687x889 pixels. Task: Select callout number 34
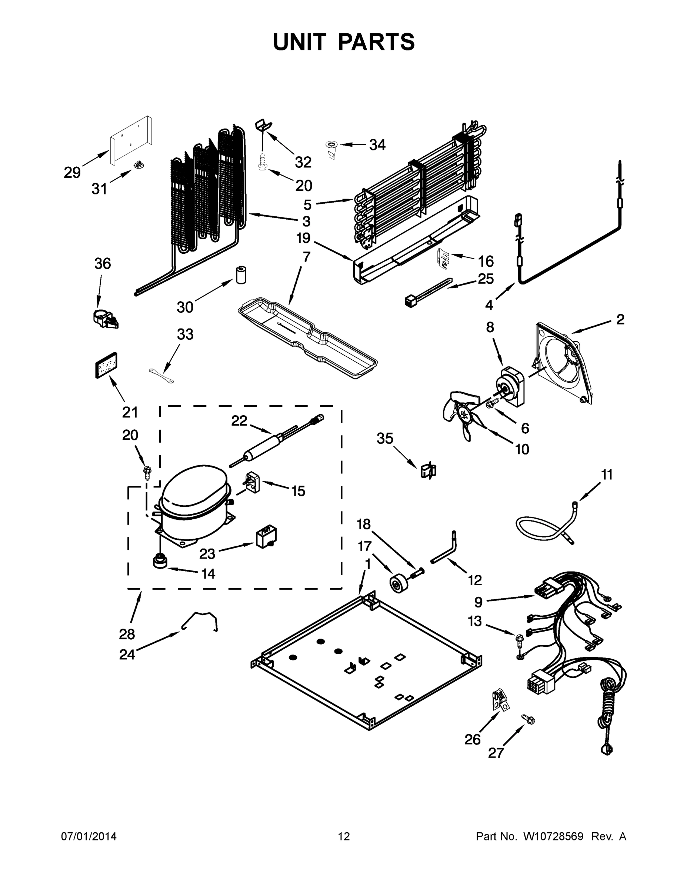click(x=377, y=145)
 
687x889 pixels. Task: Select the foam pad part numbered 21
click(x=106, y=365)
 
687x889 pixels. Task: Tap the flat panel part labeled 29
click(x=131, y=141)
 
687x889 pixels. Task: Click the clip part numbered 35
click(x=428, y=471)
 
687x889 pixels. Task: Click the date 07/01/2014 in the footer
click(x=89, y=836)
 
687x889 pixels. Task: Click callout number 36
click(x=103, y=264)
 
